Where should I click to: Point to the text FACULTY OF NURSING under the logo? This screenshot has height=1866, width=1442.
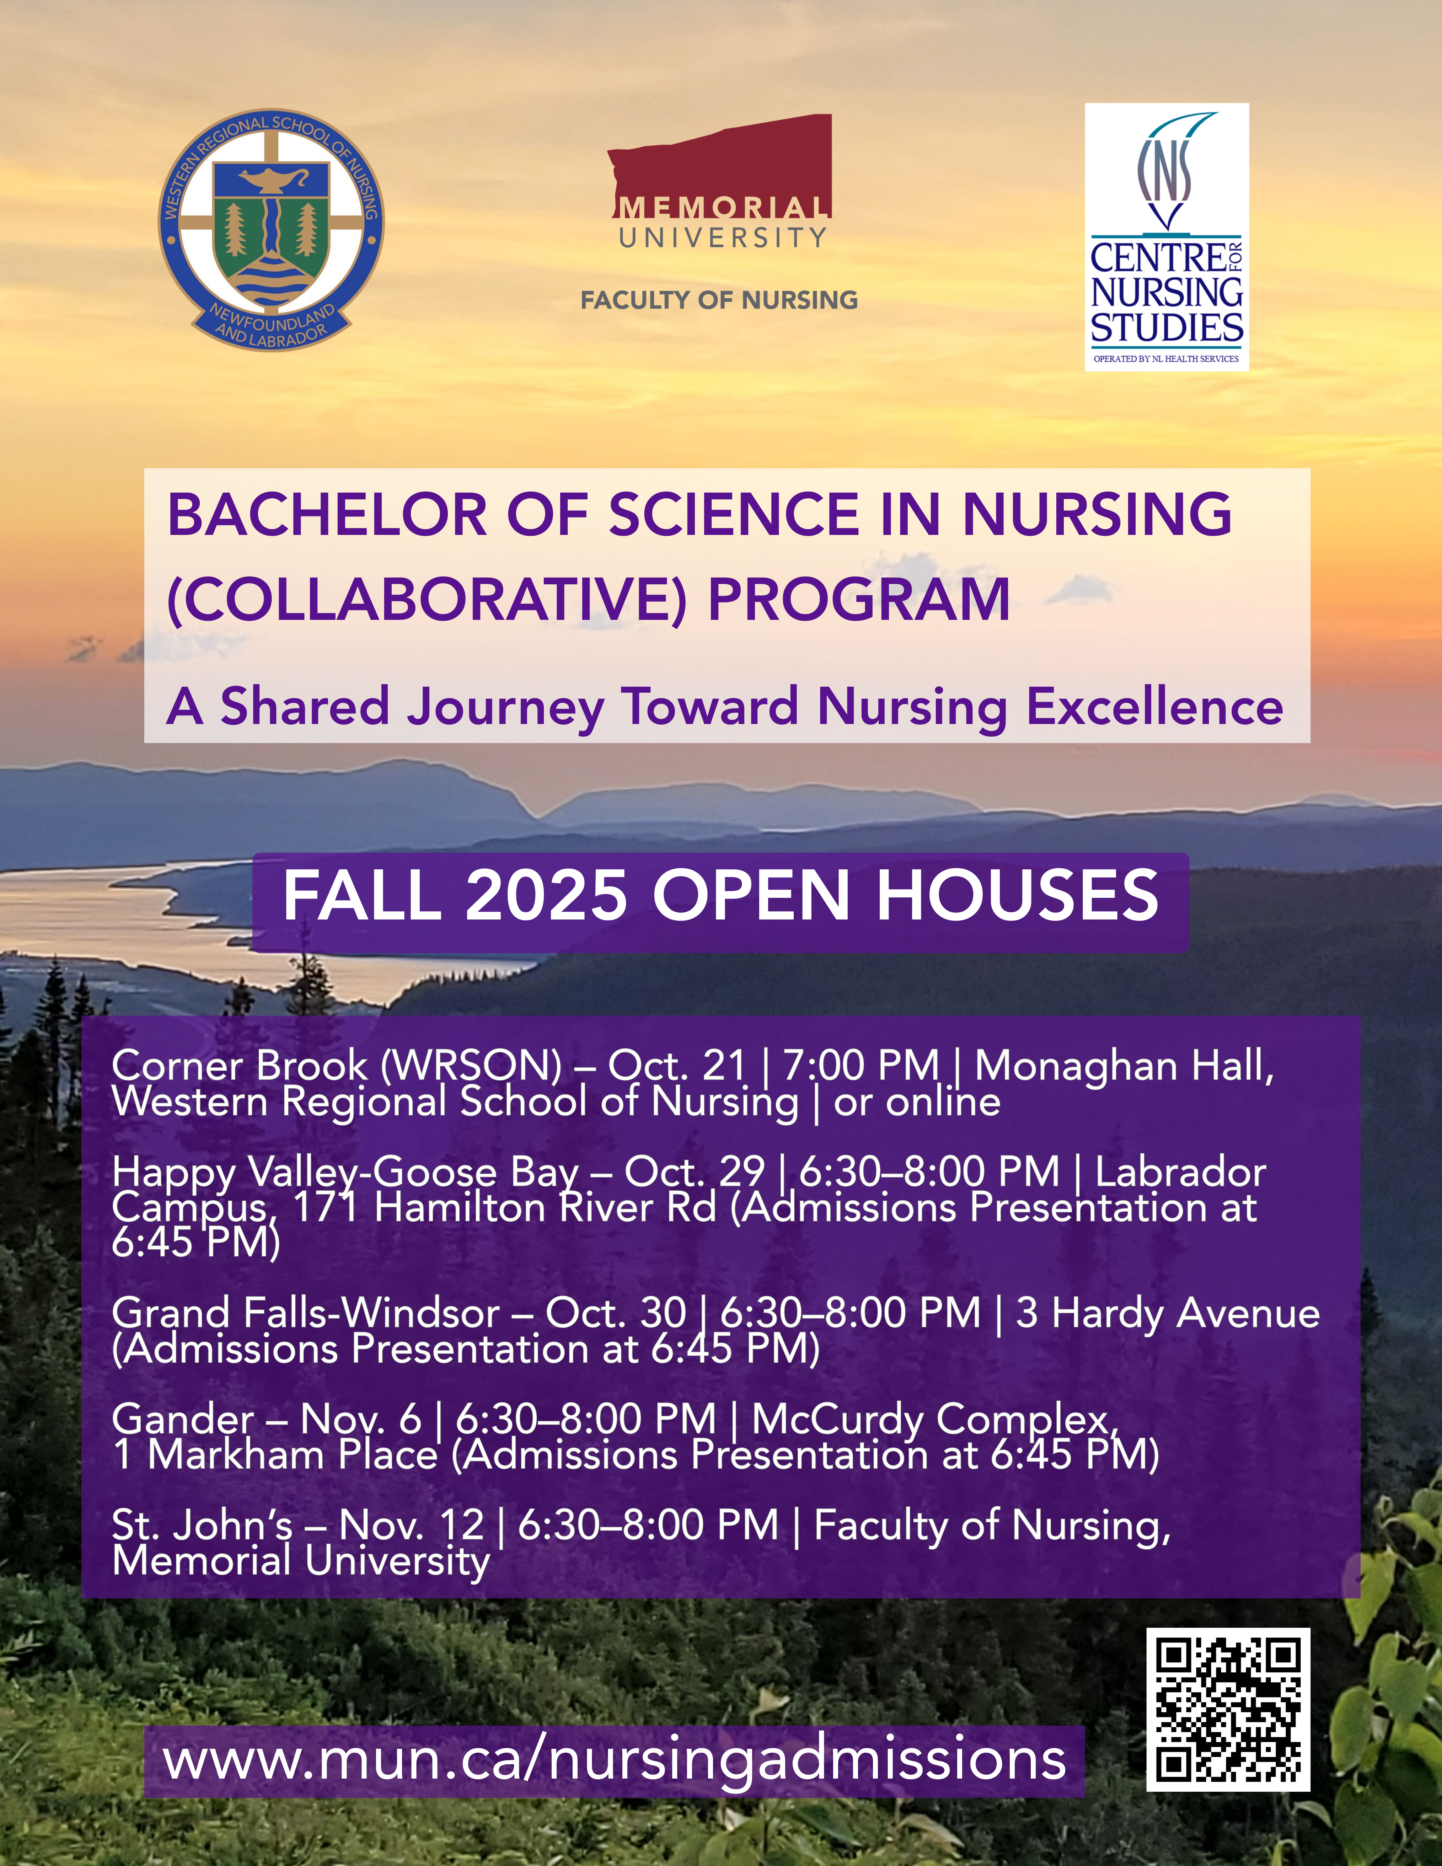pos(719,300)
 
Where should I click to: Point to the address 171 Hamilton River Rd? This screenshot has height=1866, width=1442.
pos(504,1207)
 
